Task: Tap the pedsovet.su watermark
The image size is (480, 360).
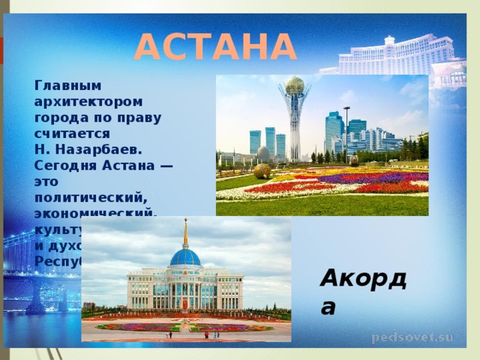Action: [x=412, y=337]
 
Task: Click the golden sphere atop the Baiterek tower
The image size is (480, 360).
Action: [x=295, y=84]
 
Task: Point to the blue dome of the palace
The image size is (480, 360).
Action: [x=185, y=258]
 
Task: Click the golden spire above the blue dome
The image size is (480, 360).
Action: [x=185, y=232]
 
